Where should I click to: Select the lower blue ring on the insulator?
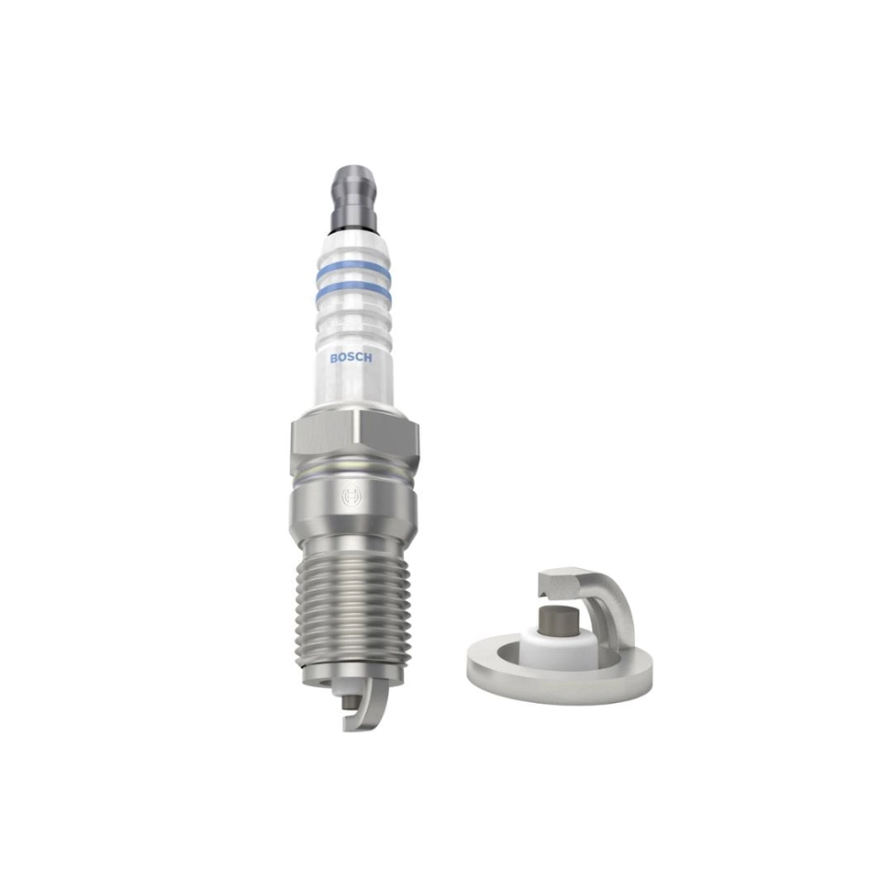(354, 292)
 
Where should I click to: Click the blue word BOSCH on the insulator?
(351, 359)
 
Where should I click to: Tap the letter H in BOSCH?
(368, 359)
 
